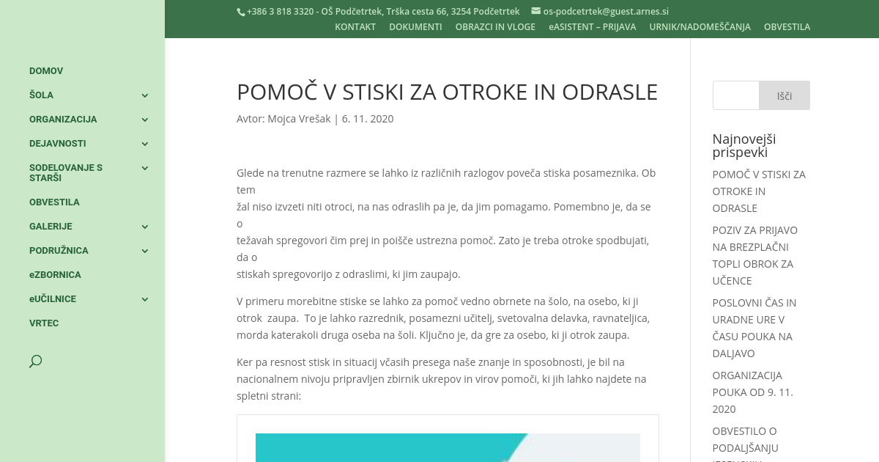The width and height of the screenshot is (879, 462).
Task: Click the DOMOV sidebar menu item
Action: point(46,71)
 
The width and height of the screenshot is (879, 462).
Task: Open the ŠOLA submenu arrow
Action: point(145,95)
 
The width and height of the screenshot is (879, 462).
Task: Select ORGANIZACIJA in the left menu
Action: point(63,120)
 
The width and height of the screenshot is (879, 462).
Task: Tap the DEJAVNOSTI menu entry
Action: point(58,144)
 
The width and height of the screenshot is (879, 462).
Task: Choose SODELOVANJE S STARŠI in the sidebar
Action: point(66,172)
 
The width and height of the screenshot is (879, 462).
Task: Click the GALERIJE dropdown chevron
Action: point(145,227)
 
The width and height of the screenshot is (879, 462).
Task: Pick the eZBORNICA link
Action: point(55,275)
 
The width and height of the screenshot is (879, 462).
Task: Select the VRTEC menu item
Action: point(44,323)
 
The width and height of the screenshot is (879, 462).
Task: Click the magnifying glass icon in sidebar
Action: point(35,361)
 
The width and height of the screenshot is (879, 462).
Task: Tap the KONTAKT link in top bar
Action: point(355,27)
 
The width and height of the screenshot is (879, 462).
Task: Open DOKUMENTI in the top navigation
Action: point(415,27)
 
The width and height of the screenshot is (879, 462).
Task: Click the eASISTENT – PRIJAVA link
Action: point(592,27)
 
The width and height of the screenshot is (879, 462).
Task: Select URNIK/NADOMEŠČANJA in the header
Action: point(700,27)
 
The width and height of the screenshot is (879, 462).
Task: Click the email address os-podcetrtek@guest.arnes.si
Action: point(606,12)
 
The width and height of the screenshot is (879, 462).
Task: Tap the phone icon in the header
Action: point(240,12)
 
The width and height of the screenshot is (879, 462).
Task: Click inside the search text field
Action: point(735,95)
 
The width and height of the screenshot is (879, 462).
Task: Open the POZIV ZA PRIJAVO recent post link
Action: point(754,255)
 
